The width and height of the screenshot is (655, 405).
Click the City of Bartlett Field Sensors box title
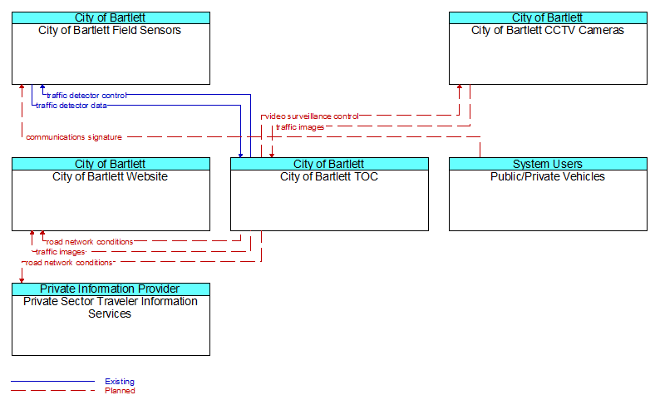(110, 30)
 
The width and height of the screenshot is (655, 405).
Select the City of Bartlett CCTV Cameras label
(548, 30)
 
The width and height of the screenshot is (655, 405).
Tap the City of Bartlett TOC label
(329, 176)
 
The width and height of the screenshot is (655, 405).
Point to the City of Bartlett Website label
(110, 176)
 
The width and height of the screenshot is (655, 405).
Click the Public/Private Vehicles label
(548, 176)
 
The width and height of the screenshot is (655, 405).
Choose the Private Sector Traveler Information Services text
(111, 308)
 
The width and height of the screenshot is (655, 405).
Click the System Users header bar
(548, 164)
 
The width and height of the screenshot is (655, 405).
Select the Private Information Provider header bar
(111, 289)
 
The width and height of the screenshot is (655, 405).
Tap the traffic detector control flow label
(86, 96)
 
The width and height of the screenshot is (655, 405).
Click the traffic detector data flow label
(71, 106)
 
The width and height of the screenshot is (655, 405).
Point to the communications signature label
(74, 137)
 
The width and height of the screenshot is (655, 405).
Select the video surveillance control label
(312, 116)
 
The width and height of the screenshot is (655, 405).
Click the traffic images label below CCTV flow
(300, 127)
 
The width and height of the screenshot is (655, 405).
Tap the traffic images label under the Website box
(61, 252)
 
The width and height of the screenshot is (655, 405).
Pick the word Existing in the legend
(120, 381)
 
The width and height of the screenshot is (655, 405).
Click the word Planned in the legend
(120, 391)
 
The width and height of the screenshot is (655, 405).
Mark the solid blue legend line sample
(52, 381)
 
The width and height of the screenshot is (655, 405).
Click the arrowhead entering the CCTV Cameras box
(460, 87)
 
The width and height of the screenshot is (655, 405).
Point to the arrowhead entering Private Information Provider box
(22, 280)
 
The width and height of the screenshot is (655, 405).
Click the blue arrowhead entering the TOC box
(240, 155)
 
